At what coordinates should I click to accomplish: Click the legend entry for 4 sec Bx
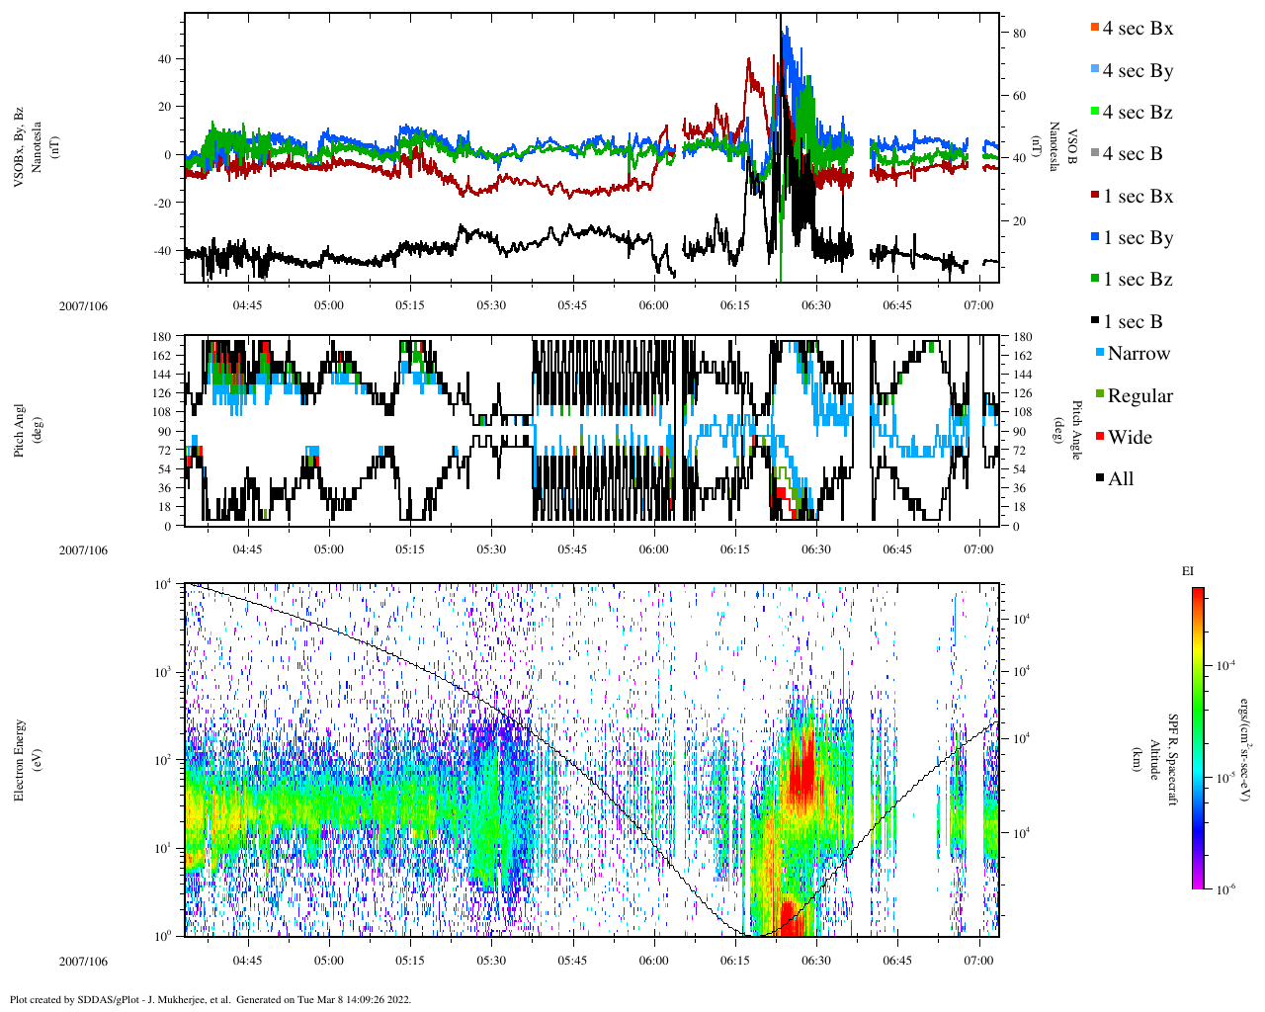pyautogui.click(x=1137, y=29)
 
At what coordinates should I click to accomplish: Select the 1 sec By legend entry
pyautogui.click(x=1138, y=238)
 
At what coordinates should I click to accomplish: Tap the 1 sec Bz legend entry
pyautogui.click(x=1138, y=280)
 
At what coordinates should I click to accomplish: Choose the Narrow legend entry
pyautogui.click(x=1138, y=354)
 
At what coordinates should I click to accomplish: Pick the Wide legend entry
pyautogui.click(x=1129, y=438)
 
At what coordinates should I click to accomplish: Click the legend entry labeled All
pyautogui.click(x=1120, y=479)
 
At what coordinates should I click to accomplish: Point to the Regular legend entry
pyautogui.click(x=1139, y=396)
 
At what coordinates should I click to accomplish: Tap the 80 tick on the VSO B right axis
pyautogui.click(x=1019, y=34)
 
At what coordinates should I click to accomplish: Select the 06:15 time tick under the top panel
pyautogui.click(x=734, y=305)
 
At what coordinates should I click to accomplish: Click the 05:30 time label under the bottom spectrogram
pyautogui.click(x=491, y=961)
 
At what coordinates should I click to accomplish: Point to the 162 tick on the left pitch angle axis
pyautogui.click(x=162, y=356)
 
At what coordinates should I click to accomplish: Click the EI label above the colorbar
pyautogui.click(x=1188, y=571)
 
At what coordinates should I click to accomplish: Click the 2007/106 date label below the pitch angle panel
pyautogui.click(x=83, y=550)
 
